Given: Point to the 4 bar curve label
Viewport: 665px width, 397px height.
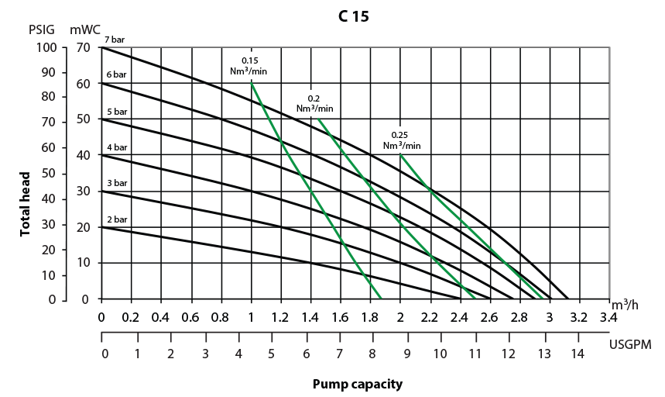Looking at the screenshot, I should pyautogui.click(x=117, y=147).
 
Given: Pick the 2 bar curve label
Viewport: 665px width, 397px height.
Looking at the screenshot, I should pyautogui.click(x=117, y=219).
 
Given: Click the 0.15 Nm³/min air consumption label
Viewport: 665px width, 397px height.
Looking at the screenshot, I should pyautogui.click(x=249, y=65).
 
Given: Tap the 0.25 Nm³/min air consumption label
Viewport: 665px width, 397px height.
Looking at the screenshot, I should pyautogui.click(x=402, y=140).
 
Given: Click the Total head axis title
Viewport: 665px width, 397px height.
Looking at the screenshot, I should pyautogui.click(x=25, y=204).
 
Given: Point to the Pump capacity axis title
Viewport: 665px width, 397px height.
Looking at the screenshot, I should pyautogui.click(x=357, y=384).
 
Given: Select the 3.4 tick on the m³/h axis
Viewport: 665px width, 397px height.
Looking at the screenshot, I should pyautogui.click(x=608, y=317).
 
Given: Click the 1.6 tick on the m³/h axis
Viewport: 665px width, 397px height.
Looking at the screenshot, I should pyautogui.click(x=340, y=317).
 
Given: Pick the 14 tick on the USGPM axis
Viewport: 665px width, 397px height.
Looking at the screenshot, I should pyautogui.click(x=577, y=353).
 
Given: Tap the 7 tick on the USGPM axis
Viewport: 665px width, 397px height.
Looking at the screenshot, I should pyautogui.click(x=339, y=353).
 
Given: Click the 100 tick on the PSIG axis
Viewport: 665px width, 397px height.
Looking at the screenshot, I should pyautogui.click(x=46, y=47).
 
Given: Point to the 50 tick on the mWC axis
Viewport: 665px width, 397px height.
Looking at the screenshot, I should pyautogui.click(x=84, y=119).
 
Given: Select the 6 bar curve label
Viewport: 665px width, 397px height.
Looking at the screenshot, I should pyautogui.click(x=117, y=74).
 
